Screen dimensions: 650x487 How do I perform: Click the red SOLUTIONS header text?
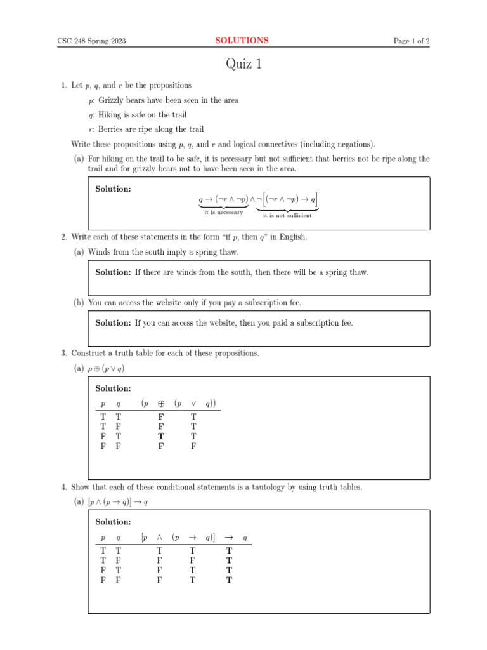242,41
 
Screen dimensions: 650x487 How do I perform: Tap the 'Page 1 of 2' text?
412,41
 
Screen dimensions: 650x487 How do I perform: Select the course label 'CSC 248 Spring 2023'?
91,41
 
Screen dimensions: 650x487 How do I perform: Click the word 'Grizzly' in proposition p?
112,100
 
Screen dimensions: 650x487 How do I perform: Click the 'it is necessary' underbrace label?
223,212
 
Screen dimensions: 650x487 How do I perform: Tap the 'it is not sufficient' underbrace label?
287,215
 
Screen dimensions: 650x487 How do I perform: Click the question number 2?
63,237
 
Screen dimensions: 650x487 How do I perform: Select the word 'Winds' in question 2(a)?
100,251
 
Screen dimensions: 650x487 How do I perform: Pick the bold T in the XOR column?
161,436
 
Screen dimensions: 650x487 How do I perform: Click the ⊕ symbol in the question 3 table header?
161,403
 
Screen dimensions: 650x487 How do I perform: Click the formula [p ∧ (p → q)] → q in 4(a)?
119,502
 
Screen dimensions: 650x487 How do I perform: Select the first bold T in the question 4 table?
229,551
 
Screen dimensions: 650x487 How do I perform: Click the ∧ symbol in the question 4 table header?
160,538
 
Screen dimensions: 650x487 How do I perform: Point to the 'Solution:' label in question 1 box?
113,189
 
